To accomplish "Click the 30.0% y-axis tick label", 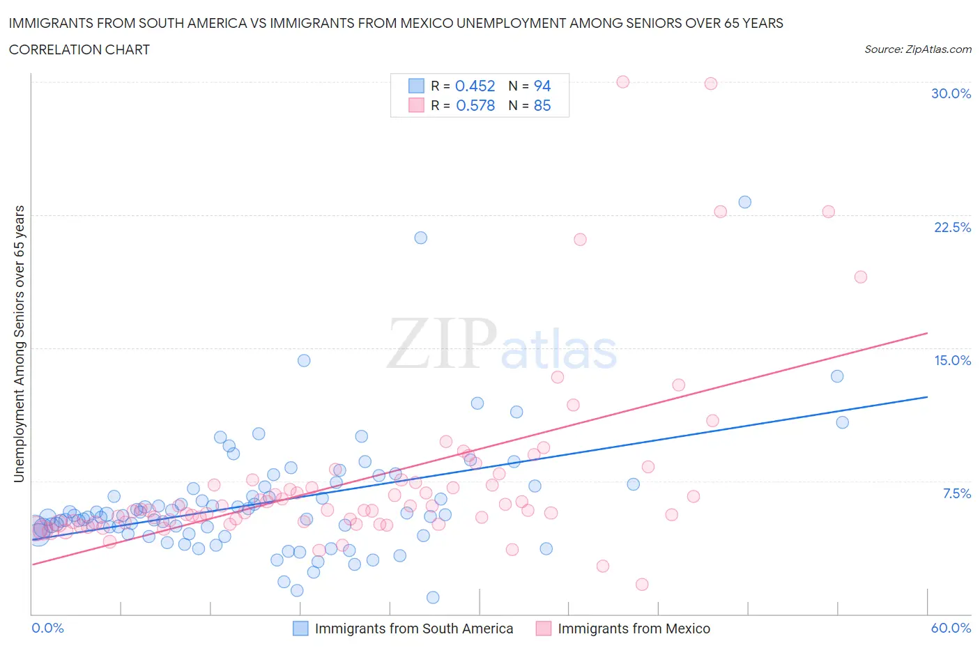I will pos(951,93).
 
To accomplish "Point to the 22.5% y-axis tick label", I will pos(952,227).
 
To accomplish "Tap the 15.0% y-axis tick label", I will pos(952,360).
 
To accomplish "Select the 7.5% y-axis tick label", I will pos(956,493).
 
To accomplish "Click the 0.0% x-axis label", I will pos(47,628).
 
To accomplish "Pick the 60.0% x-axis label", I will pos(951,628).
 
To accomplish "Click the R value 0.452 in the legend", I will pos(475,86).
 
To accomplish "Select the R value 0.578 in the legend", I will pos(475,105).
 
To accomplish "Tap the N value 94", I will pos(542,86).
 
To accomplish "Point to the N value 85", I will pos(542,105).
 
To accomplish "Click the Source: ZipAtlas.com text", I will pos(917,49).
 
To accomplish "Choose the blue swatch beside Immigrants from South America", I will pos(300,628).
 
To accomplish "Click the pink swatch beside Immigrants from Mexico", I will pos(543,628).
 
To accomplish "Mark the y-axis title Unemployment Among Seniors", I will pos(19,344).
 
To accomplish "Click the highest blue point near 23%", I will pos(744,202).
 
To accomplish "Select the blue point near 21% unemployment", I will pos(420,238).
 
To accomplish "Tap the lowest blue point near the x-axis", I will pos(433,597).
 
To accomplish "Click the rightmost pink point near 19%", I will pos(860,277).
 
